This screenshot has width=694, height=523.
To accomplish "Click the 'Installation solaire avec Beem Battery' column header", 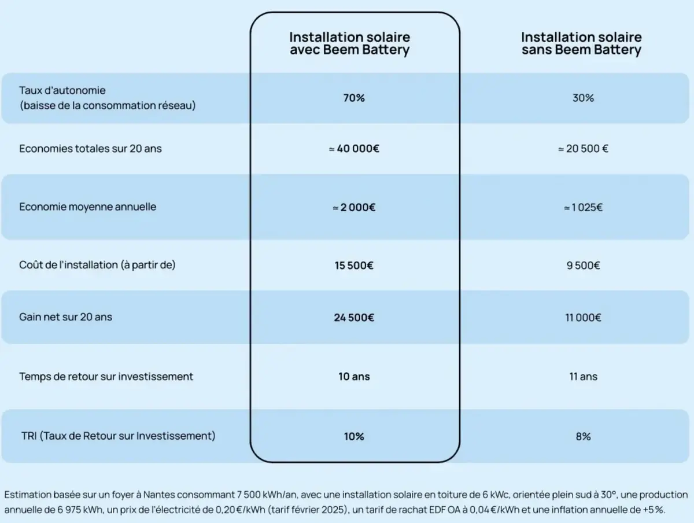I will [349, 44].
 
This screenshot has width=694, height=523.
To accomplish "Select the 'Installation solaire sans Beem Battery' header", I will [581, 44].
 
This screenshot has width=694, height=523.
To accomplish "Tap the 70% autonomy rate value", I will [354, 98].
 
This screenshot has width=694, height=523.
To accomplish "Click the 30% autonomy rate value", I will [583, 98].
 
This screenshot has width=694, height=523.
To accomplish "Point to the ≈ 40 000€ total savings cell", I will [354, 149].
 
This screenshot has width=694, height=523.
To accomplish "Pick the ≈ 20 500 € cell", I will [583, 149].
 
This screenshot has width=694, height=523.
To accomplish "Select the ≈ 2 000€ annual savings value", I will [354, 207].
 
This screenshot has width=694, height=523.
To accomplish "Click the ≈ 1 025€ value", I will [583, 207].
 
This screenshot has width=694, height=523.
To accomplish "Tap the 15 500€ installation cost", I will [354, 266].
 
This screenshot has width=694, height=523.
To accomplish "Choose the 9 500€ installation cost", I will [583, 266].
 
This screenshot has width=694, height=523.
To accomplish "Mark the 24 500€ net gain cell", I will [354, 318].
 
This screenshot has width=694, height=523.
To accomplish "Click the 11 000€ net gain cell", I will [583, 318].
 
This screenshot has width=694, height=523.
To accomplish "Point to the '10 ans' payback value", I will [354, 377].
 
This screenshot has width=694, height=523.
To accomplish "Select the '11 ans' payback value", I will [583, 377].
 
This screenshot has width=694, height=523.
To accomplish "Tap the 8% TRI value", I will [583, 436].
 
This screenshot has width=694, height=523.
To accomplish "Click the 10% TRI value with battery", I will [354, 436].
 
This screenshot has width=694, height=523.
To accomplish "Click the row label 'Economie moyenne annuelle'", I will [88, 207].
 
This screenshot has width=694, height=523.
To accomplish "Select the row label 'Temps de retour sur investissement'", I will [106, 377].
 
